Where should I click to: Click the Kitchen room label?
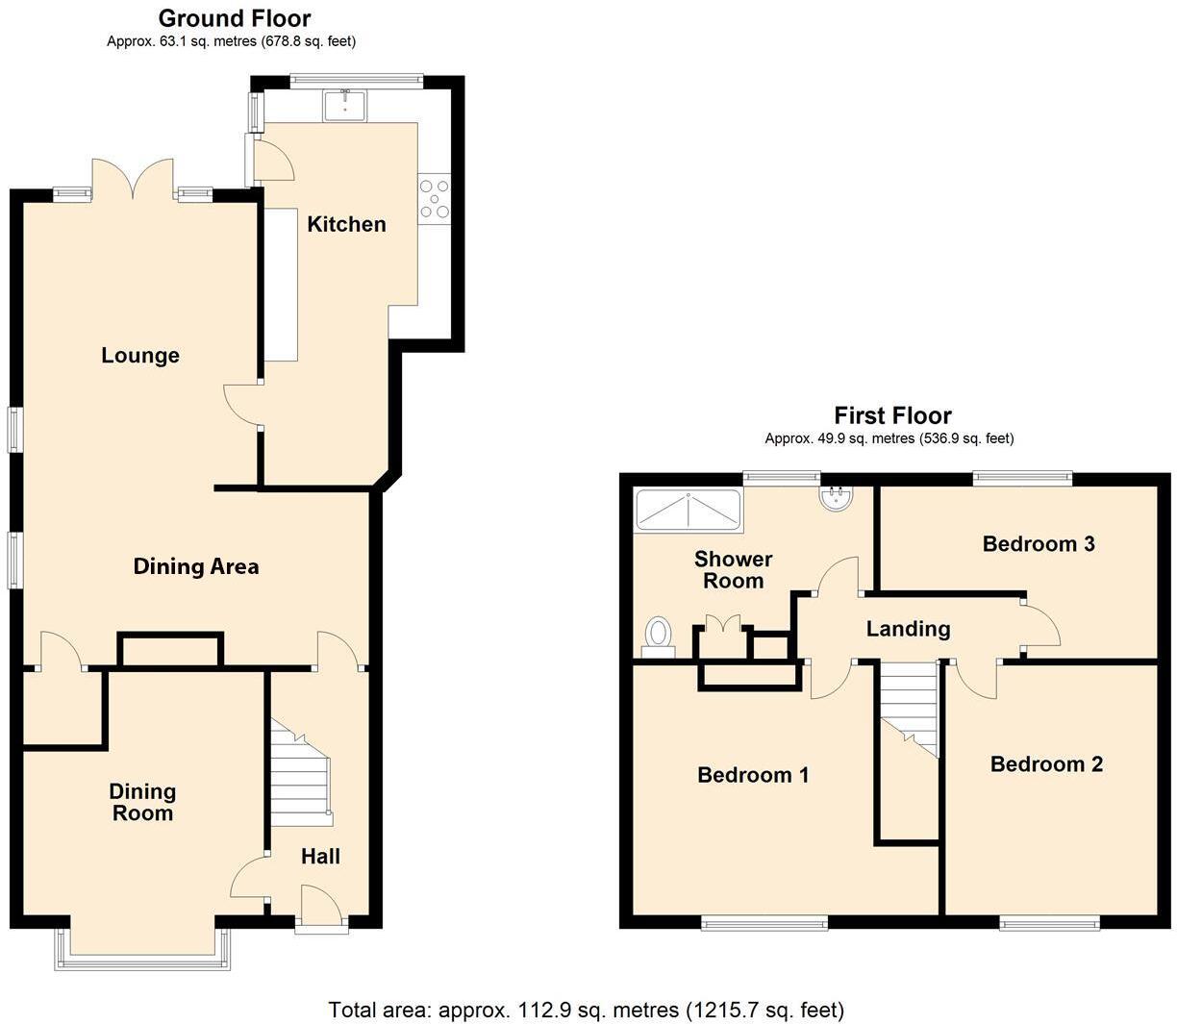click(x=346, y=224)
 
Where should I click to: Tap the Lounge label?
click(x=140, y=356)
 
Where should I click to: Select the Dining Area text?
click(x=195, y=566)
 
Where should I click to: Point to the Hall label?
click(x=320, y=856)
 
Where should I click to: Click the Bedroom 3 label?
click(x=1039, y=544)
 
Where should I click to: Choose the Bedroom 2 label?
click(x=1046, y=764)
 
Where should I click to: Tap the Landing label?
click(x=908, y=629)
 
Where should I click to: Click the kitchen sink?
click(x=344, y=105)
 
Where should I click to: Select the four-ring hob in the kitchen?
click(x=435, y=199)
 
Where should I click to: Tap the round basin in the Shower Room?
click(x=833, y=497)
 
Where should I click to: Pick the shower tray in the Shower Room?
click(x=688, y=510)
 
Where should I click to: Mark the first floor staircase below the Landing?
click(x=909, y=707)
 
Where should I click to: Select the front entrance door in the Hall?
click(x=321, y=909)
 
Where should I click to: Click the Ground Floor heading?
click(x=235, y=18)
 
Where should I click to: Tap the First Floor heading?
click(x=892, y=415)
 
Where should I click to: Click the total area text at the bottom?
click(x=587, y=1010)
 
